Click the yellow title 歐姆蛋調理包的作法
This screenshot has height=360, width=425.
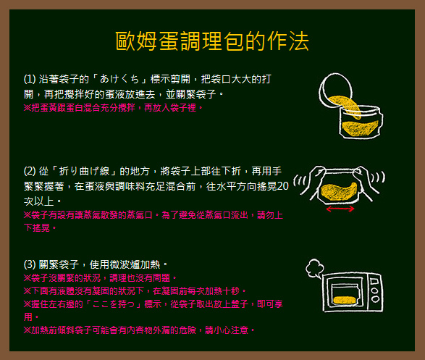(x=212, y=41)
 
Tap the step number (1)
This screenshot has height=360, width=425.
(x=30, y=79)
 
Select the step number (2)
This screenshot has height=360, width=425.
(x=30, y=172)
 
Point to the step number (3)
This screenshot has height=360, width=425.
(x=30, y=264)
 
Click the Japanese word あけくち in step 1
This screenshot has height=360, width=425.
(x=119, y=79)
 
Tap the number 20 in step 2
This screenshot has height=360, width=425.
(x=283, y=186)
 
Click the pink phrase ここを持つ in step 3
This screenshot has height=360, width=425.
(x=113, y=304)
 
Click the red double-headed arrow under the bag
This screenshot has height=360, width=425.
(x=340, y=209)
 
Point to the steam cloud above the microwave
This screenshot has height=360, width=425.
(x=314, y=268)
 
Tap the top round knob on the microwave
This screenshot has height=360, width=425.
(x=375, y=290)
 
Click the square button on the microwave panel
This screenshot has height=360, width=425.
(x=374, y=281)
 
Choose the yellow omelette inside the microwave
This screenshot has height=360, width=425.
(x=344, y=300)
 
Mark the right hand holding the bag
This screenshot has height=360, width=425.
(x=366, y=181)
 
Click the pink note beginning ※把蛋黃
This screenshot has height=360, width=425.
(x=113, y=108)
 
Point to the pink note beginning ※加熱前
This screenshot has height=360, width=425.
(x=139, y=330)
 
